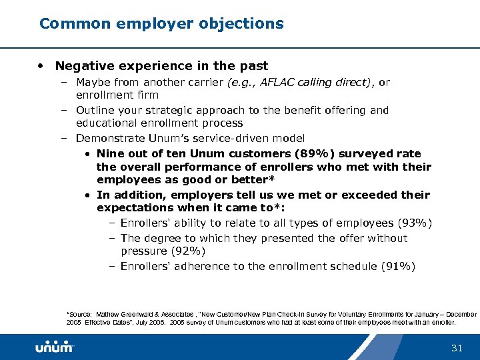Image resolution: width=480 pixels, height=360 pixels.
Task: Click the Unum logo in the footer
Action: tap(54, 347)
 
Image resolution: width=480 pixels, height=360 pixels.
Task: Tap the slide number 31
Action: tap(457, 347)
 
